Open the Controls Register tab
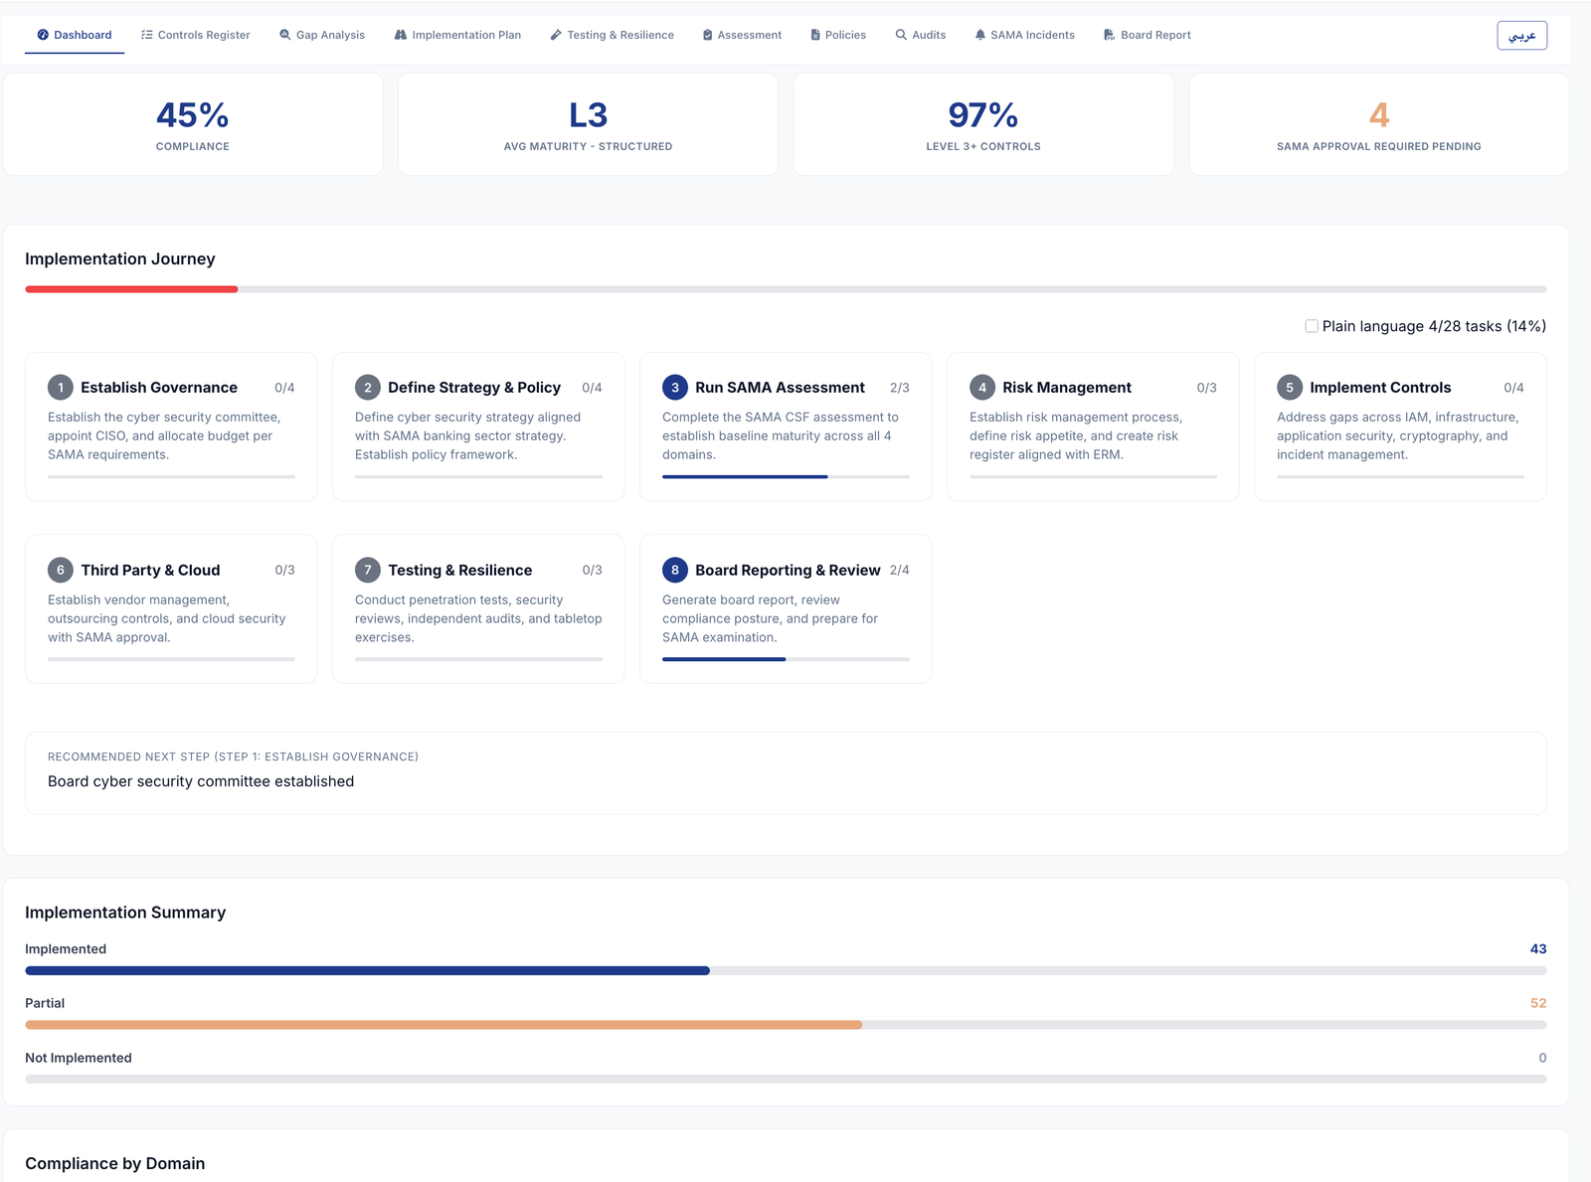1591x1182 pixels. [x=196, y=35]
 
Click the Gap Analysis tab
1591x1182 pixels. [x=322, y=35]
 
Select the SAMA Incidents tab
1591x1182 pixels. [x=1024, y=35]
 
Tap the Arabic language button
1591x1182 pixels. [x=1521, y=36]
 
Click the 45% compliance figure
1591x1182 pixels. [x=192, y=115]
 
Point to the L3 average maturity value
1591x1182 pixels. [x=588, y=115]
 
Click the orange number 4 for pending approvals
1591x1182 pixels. [x=1378, y=115]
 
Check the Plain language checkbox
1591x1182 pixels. [x=1312, y=326]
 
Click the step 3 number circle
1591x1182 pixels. [x=675, y=388]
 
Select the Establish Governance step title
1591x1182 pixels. [x=159, y=388]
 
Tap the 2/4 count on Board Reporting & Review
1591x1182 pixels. [x=899, y=570]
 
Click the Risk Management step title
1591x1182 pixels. [x=1066, y=388]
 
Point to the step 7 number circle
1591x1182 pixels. [x=368, y=570]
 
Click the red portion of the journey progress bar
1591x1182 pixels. [x=131, y=289]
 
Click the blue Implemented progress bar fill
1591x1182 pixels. [x=367, y=970]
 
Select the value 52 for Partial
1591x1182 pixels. [x=1537, y=1003]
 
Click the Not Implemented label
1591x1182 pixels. [x=79, y=1058]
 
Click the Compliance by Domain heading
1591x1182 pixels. [x=115, y=1163]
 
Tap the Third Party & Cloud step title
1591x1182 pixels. [x=150, y=570]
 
